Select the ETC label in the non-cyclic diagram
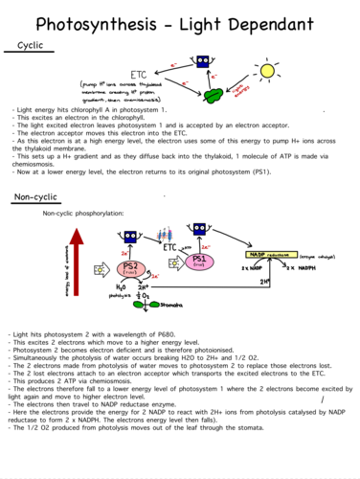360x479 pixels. pos(170,246)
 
